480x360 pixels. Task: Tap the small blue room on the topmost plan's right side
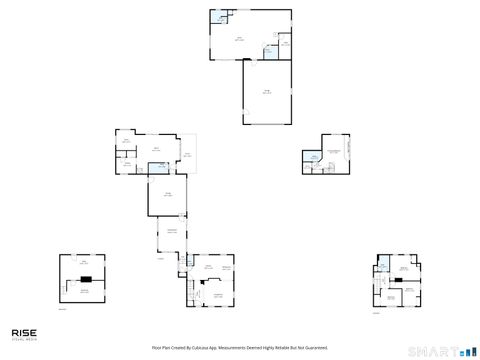pos(269,50)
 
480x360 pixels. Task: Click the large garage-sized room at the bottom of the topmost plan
pos(267,92)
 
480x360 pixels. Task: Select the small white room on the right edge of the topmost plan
pos(285,43)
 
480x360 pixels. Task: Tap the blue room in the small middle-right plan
pos(314,158)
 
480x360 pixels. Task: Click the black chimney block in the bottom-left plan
pos(86,278)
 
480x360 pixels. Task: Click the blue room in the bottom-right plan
pos(383,265)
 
